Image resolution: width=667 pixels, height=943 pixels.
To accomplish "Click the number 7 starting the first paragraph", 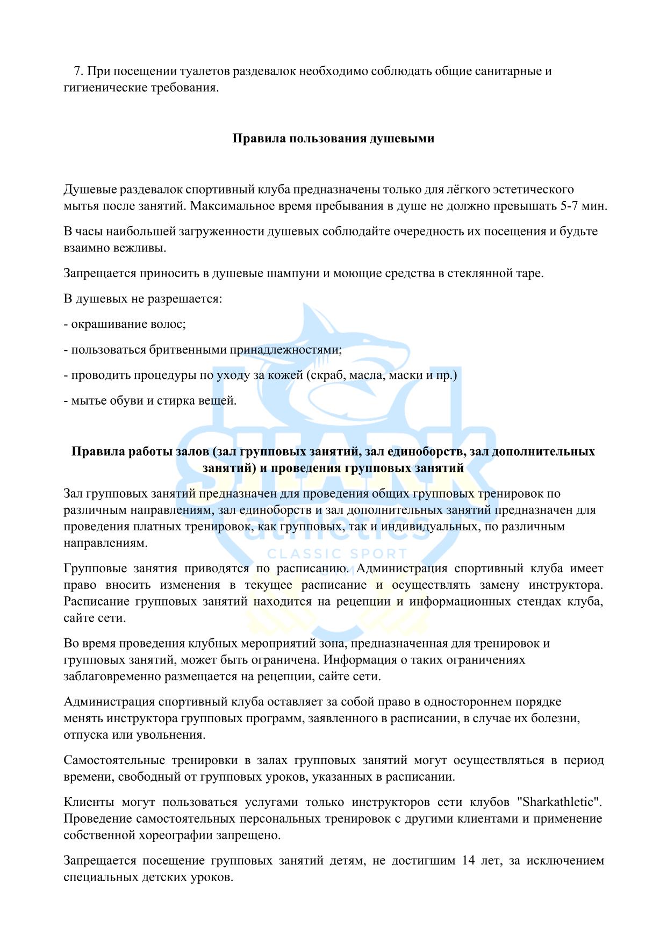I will coord(77,71).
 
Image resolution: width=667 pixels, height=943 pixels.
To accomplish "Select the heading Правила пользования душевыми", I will coord(333,138).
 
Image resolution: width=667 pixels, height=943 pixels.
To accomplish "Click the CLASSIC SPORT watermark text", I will coord(337,553).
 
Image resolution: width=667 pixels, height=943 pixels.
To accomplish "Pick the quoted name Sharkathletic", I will coord(559,802).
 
